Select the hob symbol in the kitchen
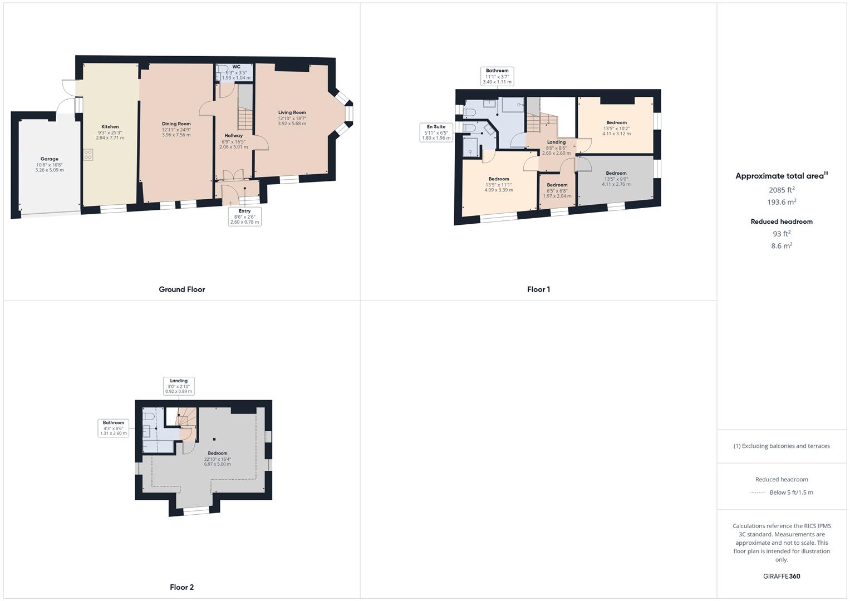click(88, 155)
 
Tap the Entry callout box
click(244, 216)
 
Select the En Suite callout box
click(436, 132)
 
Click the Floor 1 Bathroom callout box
click(497, 76)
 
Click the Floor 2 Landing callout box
click(179, 386)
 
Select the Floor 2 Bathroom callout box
click(114, 428)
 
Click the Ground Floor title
click(182, 289)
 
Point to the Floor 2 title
click(182, 587)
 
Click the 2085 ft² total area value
click(782, 190)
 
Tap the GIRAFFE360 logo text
click(782, 577)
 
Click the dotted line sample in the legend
click(758, 492)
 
